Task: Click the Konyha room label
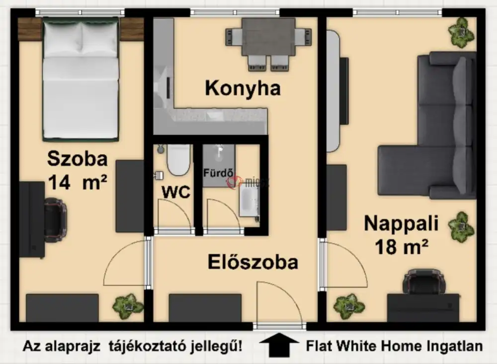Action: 243,88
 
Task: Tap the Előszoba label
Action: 253,262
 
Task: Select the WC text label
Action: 176,192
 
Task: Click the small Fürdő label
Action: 218,173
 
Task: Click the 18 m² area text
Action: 403,246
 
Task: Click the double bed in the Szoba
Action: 81,79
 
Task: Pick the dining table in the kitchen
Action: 268,37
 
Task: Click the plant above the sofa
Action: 461,32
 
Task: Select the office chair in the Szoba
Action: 55,218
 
